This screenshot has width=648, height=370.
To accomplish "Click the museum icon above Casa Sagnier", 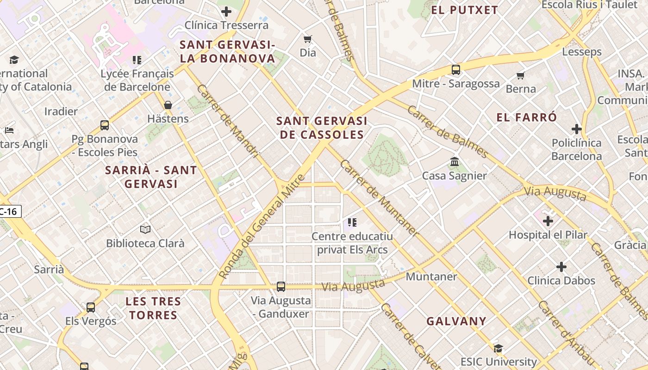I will coord(455,162).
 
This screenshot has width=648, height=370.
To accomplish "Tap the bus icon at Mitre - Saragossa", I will coord(456,70).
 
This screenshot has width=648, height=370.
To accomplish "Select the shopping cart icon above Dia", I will coord(307,39).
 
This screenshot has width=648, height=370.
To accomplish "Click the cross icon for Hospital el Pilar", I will coord(548,221).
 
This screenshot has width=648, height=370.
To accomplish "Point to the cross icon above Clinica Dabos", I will coord(561,267).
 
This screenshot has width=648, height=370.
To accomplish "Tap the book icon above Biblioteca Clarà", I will coord(145,229).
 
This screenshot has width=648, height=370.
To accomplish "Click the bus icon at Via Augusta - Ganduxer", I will coord(281,287).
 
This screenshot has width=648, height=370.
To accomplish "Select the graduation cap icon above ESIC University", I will coord(498,348).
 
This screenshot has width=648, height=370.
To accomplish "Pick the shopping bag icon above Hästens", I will coord(168,105).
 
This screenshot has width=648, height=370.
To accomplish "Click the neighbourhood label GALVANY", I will coord(456,321).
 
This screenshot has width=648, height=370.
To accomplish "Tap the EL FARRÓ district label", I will coord(527,117).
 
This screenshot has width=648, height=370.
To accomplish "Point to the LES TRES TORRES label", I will coord(153,308).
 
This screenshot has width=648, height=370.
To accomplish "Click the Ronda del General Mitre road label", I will coord(262,227).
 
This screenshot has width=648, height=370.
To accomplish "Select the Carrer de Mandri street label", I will coord(228,121).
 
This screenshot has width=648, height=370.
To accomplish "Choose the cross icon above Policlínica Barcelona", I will coord(576,129).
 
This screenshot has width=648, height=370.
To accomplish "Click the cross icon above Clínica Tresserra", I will coord(226,12).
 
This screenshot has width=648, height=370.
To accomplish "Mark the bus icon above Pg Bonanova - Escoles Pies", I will coord(105,125).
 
